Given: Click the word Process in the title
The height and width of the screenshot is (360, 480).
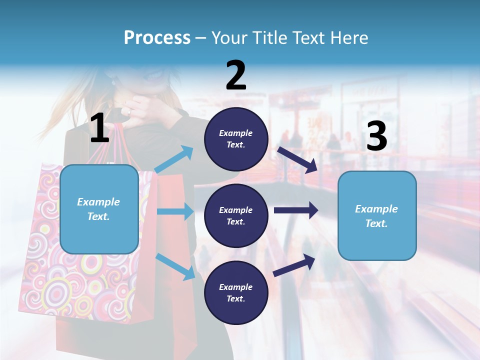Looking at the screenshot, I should pos(157,37).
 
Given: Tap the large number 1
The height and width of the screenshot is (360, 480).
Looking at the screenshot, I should pos(99,128).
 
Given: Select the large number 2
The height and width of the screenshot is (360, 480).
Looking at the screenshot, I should pos(236,75).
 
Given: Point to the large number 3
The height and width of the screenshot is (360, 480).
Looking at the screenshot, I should pos(376,136).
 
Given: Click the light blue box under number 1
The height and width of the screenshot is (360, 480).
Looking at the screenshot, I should pos(99,209).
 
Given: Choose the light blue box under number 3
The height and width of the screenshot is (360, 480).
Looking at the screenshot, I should pos(377,215).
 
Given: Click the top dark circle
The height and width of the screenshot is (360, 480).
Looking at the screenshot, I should pos(236,139).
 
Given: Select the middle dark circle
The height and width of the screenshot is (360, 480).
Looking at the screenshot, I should pos(236,215).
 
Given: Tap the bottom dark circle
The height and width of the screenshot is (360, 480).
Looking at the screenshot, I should pos(236,292).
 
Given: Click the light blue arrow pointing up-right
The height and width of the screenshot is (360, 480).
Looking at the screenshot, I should pos(174,159).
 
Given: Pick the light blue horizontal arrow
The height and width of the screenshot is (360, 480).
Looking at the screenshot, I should pos(175,211).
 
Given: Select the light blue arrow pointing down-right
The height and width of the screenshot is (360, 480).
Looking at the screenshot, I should pos(175,266).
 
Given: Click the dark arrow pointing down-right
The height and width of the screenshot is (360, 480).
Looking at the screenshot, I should pos(298,159).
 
